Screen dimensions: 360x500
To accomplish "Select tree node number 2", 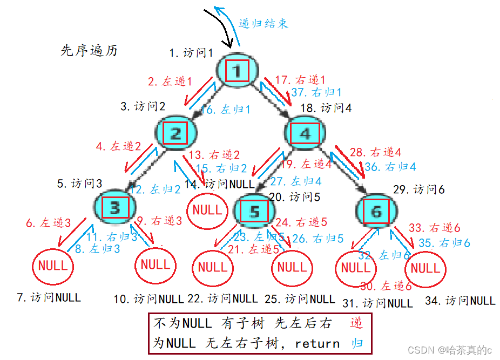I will [175, 132].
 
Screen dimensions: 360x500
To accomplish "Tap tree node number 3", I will [114, 207].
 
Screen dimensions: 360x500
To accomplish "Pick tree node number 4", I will [305, 132].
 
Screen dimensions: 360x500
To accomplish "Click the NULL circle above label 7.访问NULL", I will [53, 265].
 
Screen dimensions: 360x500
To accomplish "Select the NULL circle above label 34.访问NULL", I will [426, 268].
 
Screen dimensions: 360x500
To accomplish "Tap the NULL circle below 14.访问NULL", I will [207, 209].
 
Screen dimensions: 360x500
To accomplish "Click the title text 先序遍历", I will [89, 51].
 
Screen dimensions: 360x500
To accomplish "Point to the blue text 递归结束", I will [263, 23].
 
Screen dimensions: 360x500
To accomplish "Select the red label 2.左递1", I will [170, 81].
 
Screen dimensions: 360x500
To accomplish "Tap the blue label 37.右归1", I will [316, 92].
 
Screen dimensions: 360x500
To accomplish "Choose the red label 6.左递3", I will [49, 222].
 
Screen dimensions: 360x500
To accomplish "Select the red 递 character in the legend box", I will [356, 324].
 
